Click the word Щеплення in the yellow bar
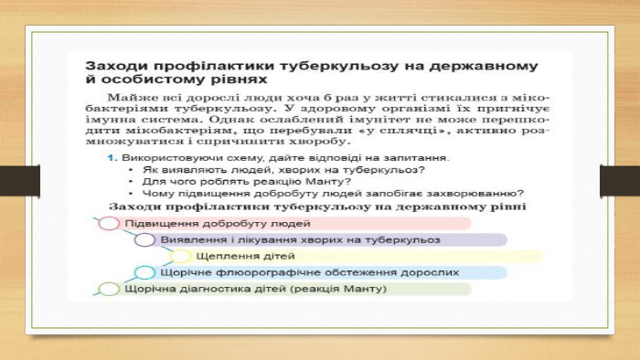(222, 256)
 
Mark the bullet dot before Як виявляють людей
(131, 170)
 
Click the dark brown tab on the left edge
(20, 181)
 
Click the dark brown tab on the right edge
(620, 181)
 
